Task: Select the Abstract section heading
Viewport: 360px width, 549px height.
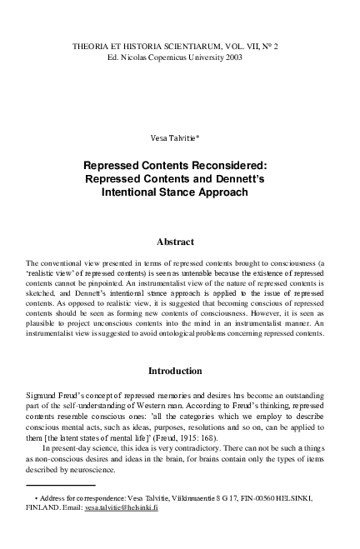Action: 179,242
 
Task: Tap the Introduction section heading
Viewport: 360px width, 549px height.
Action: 179,369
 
